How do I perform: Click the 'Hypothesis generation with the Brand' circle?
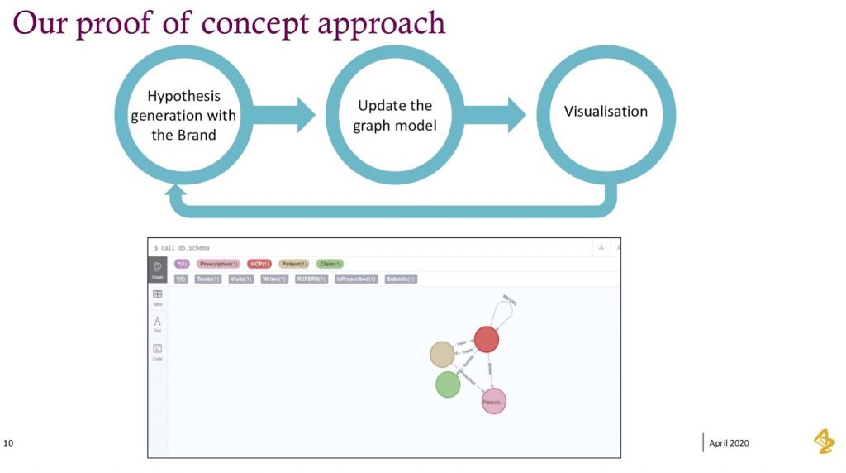tap(183, 115)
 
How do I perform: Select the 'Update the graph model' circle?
tap(394, 115)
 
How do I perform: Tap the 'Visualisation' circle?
tap(606, 112)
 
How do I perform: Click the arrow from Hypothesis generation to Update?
tap(285, 115)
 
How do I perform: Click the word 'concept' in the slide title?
tap(255, 22)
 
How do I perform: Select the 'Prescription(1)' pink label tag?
tap(218, 264)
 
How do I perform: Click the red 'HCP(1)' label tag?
tap(259, 264)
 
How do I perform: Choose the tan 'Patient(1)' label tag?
tap(293, 264)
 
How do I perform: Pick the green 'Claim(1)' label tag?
tap(330, 264)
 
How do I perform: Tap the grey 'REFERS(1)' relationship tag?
tap(311, 279)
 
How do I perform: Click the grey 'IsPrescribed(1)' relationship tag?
tap(355, 279)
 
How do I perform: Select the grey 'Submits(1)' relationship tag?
tap(401, 279)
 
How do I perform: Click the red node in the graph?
tap(486, 339)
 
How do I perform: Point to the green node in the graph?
tap(447, 385)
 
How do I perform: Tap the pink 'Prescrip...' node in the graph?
tap(493, 401)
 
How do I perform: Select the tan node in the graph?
tap(442, 354)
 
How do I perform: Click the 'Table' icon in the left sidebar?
tap(157, 297)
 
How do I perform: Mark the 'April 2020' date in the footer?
tap(729, 443)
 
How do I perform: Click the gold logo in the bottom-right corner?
tap(823, 442)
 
